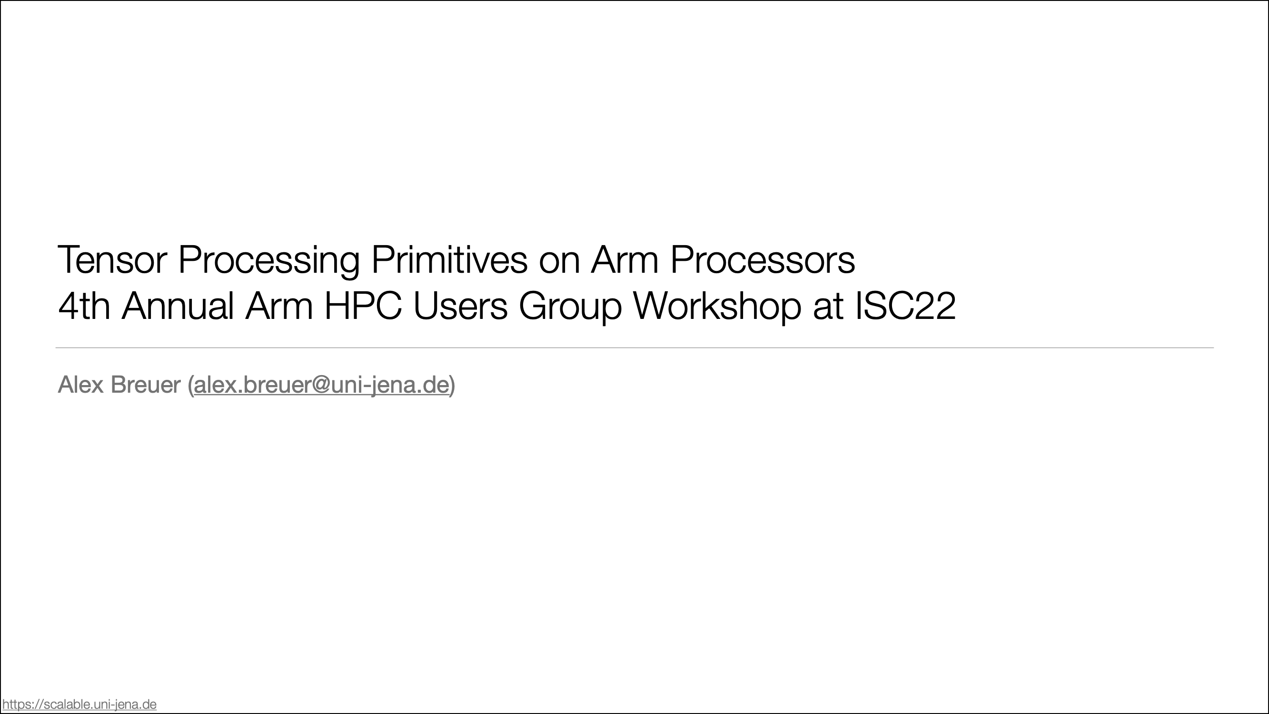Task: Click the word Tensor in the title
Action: pos(112,260)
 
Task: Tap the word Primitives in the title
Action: pos(449,259)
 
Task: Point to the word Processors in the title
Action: pos(762,260)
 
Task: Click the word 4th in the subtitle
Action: pos(84,306)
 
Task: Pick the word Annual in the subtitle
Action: pos(178,306)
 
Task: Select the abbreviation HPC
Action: pos(363,306)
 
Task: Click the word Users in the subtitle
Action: pos(460,306)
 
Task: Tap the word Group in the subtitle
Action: pos(570,307)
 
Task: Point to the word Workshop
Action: pos(717,307)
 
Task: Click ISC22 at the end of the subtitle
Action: pos(905,306)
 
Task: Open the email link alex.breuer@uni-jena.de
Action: pos(322,385)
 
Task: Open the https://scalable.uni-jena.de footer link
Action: pos(79,704)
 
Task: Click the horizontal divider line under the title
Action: pos(634,348)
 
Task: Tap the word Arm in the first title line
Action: pos(624,260)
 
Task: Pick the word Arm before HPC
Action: pos(279,306)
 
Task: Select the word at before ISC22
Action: pos(828,308)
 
